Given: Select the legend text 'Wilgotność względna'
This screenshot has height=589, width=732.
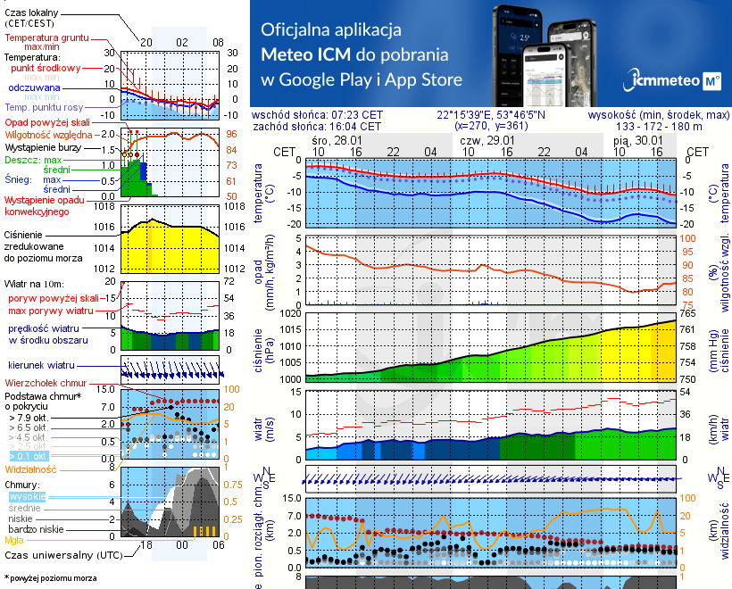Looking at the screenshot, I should point(50,133).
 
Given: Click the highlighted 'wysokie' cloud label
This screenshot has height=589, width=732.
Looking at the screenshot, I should point(26,496).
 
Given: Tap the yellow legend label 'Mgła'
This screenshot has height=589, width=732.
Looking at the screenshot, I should point(14,540).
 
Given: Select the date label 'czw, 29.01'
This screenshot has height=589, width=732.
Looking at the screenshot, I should point(487,141).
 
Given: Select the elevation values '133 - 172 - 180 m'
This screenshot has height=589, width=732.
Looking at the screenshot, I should point(660,127).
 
